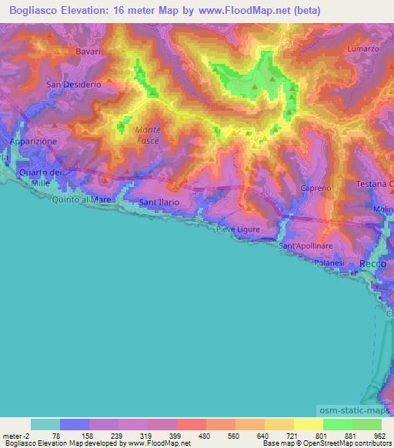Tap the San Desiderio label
74,85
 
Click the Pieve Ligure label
238,229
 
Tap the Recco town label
372,264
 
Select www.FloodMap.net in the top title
249,11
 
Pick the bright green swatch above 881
338,424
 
